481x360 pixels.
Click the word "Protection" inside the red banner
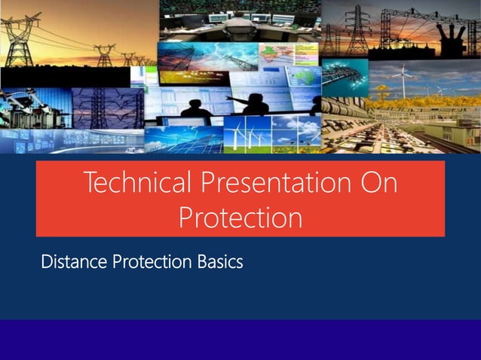[x=240, y=218]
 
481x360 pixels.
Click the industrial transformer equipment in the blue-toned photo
[x=30, y=109]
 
